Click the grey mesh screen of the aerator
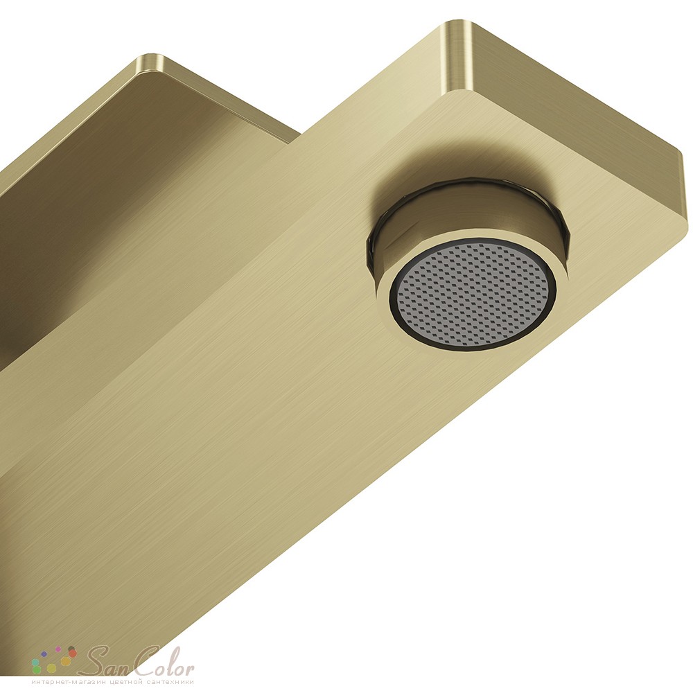[473, 294]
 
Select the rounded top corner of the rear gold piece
[151, 60]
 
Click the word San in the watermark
[103, 660]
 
